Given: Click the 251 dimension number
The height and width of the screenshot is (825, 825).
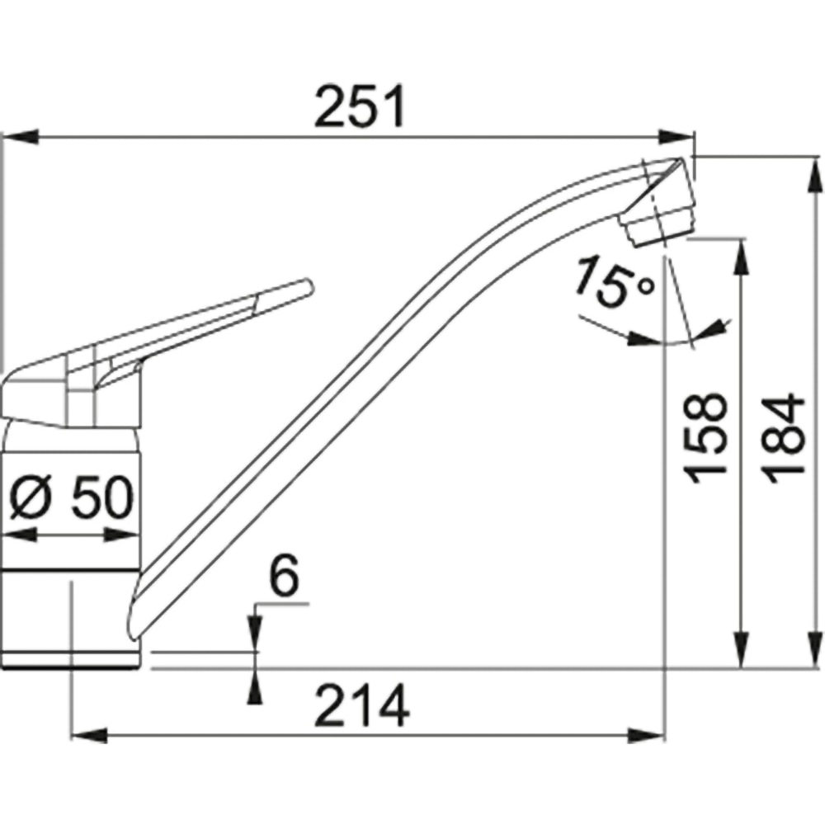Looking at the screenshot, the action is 361,106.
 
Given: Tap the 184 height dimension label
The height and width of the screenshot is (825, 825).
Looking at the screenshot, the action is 785,438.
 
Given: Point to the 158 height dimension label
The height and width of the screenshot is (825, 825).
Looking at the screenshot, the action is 705,438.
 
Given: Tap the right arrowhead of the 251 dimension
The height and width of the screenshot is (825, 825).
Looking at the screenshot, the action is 677,137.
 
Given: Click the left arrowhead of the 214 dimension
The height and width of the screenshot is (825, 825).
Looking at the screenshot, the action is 89,735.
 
